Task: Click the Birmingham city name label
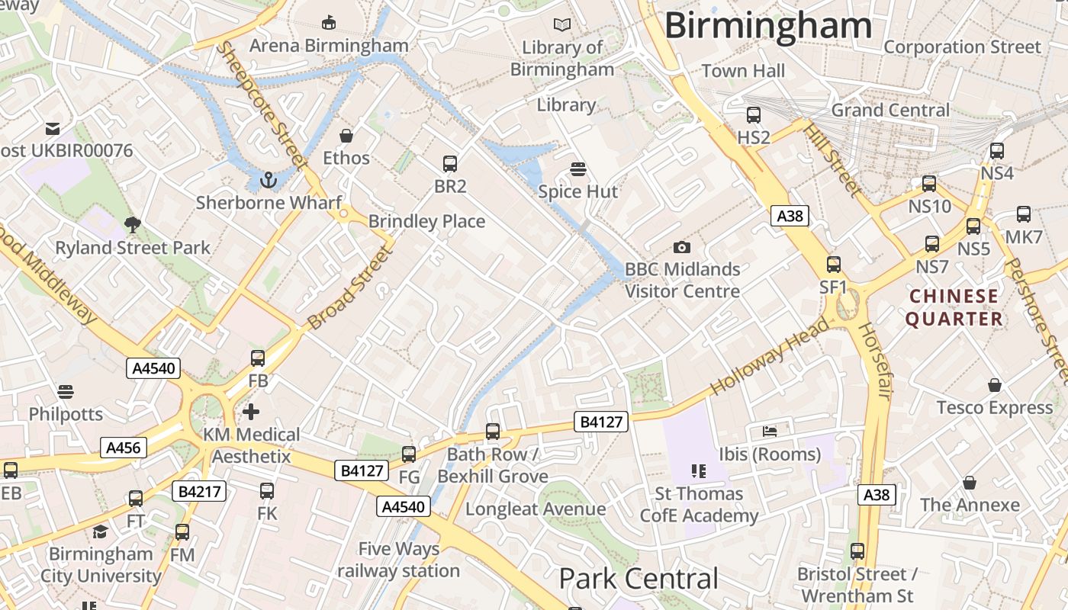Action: (767, 25)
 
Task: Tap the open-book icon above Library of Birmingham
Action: (562, 25)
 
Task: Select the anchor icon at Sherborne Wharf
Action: (268, 181)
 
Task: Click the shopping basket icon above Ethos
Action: (346, 136)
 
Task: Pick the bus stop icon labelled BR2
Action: (450, 163)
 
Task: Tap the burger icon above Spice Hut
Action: (578, 169)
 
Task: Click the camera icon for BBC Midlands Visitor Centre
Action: (682, 247)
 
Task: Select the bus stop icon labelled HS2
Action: (754, 115)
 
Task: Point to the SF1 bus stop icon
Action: (834, 265)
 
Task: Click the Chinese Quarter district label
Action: (954, 307)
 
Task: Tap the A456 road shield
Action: (124, 448)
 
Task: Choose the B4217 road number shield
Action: (200, 492)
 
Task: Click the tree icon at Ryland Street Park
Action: (132, 225)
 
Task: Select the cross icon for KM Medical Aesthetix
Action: (251, 413)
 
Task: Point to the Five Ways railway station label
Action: (399, 560)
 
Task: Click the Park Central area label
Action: (639, 579)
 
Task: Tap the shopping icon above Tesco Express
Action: (995, 385)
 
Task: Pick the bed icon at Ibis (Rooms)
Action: (770, 432)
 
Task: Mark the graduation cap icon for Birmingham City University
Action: (100, 531)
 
